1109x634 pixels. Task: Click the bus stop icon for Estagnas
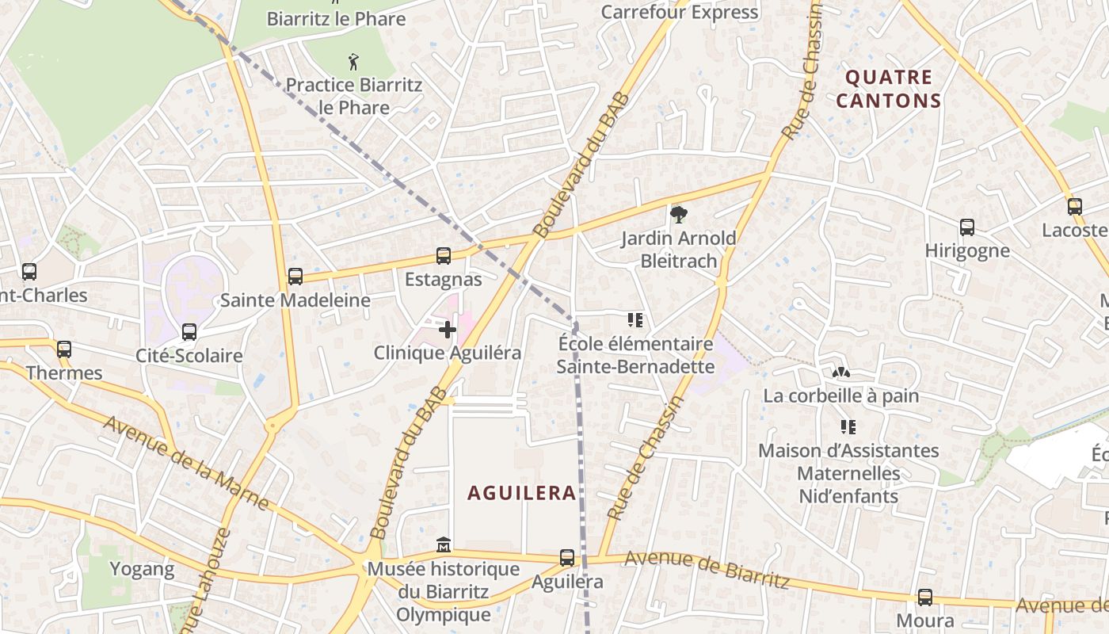click(444, 256)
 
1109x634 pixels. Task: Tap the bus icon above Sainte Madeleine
click(295, 277)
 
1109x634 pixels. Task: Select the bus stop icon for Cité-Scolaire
click(189, 332)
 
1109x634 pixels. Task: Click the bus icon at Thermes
click(64, 349)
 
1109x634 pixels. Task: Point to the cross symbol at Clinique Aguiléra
click(448, 330)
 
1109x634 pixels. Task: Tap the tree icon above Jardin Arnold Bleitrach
click(678, 214)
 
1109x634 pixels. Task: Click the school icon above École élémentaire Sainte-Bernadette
click(635, 320)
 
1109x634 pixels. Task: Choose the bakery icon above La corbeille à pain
click(840, 372)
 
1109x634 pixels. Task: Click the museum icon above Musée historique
click(444, 545)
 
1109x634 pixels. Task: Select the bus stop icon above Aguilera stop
click(567, 557)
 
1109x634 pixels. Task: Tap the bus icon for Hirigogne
click(967, 227)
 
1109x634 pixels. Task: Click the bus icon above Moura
click(924, 598)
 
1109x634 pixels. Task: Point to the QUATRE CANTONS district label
click(888, 89)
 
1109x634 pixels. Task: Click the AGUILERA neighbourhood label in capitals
click(521, 493)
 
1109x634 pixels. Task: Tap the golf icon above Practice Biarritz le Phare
click(353, 61)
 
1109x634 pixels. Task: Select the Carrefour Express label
click(679, 12)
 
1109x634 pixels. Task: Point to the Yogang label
click(142, 568)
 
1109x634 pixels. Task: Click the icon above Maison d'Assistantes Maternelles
click(848, 427)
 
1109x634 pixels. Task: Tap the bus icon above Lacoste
click(1075, 207)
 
